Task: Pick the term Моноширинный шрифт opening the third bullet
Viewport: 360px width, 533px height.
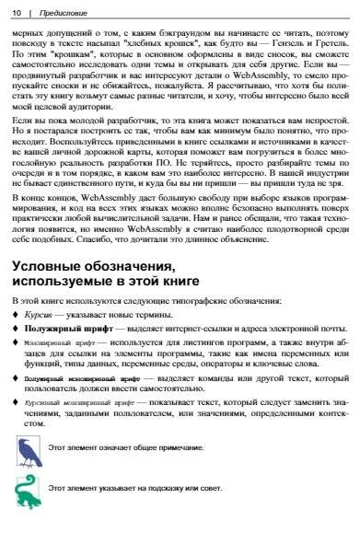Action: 56,342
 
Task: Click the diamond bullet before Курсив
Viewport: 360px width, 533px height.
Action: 16,315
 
